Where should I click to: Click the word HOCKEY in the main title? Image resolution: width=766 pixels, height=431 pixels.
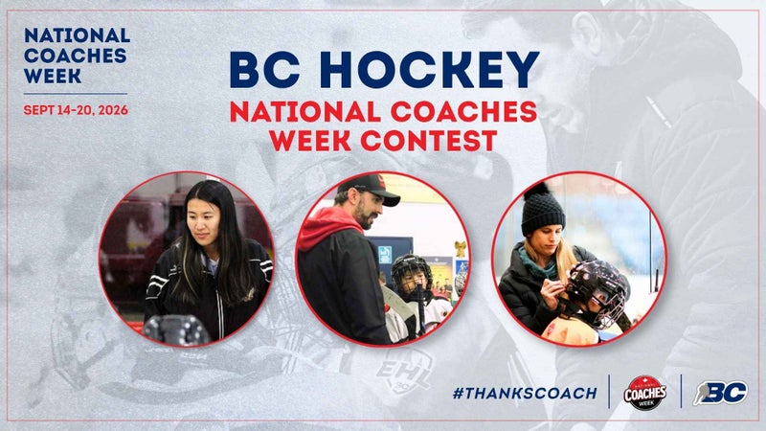tap(432, 69)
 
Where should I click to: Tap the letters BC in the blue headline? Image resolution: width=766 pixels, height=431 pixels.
tap(264, 69)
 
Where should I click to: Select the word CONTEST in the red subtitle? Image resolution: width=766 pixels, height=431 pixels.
tap(428, 141)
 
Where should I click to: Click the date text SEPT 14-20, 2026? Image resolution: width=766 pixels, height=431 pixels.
tap(76, 110)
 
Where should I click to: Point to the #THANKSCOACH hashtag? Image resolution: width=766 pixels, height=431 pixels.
tap(525, 393)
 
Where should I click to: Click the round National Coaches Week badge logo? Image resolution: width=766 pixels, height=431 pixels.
tap(644, 393)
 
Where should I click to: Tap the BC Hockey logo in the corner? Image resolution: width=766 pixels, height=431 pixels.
tap(720, 393)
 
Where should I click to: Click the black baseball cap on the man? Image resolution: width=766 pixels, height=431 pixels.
tap(372, 189)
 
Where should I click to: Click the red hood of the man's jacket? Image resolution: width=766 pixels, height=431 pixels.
tap(327, 226)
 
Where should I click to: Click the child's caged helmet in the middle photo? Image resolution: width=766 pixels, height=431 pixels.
tap(412, 275)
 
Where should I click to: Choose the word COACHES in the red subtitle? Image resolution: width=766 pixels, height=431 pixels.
tap(463, 112)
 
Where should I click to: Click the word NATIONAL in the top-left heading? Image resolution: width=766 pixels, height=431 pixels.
tap(77, 35)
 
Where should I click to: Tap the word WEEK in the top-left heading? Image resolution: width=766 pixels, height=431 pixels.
tap(53, 76)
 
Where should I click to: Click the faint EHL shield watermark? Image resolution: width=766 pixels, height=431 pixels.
tap(402, 372)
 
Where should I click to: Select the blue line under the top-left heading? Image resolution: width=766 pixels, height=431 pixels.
tap(76, 93)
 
